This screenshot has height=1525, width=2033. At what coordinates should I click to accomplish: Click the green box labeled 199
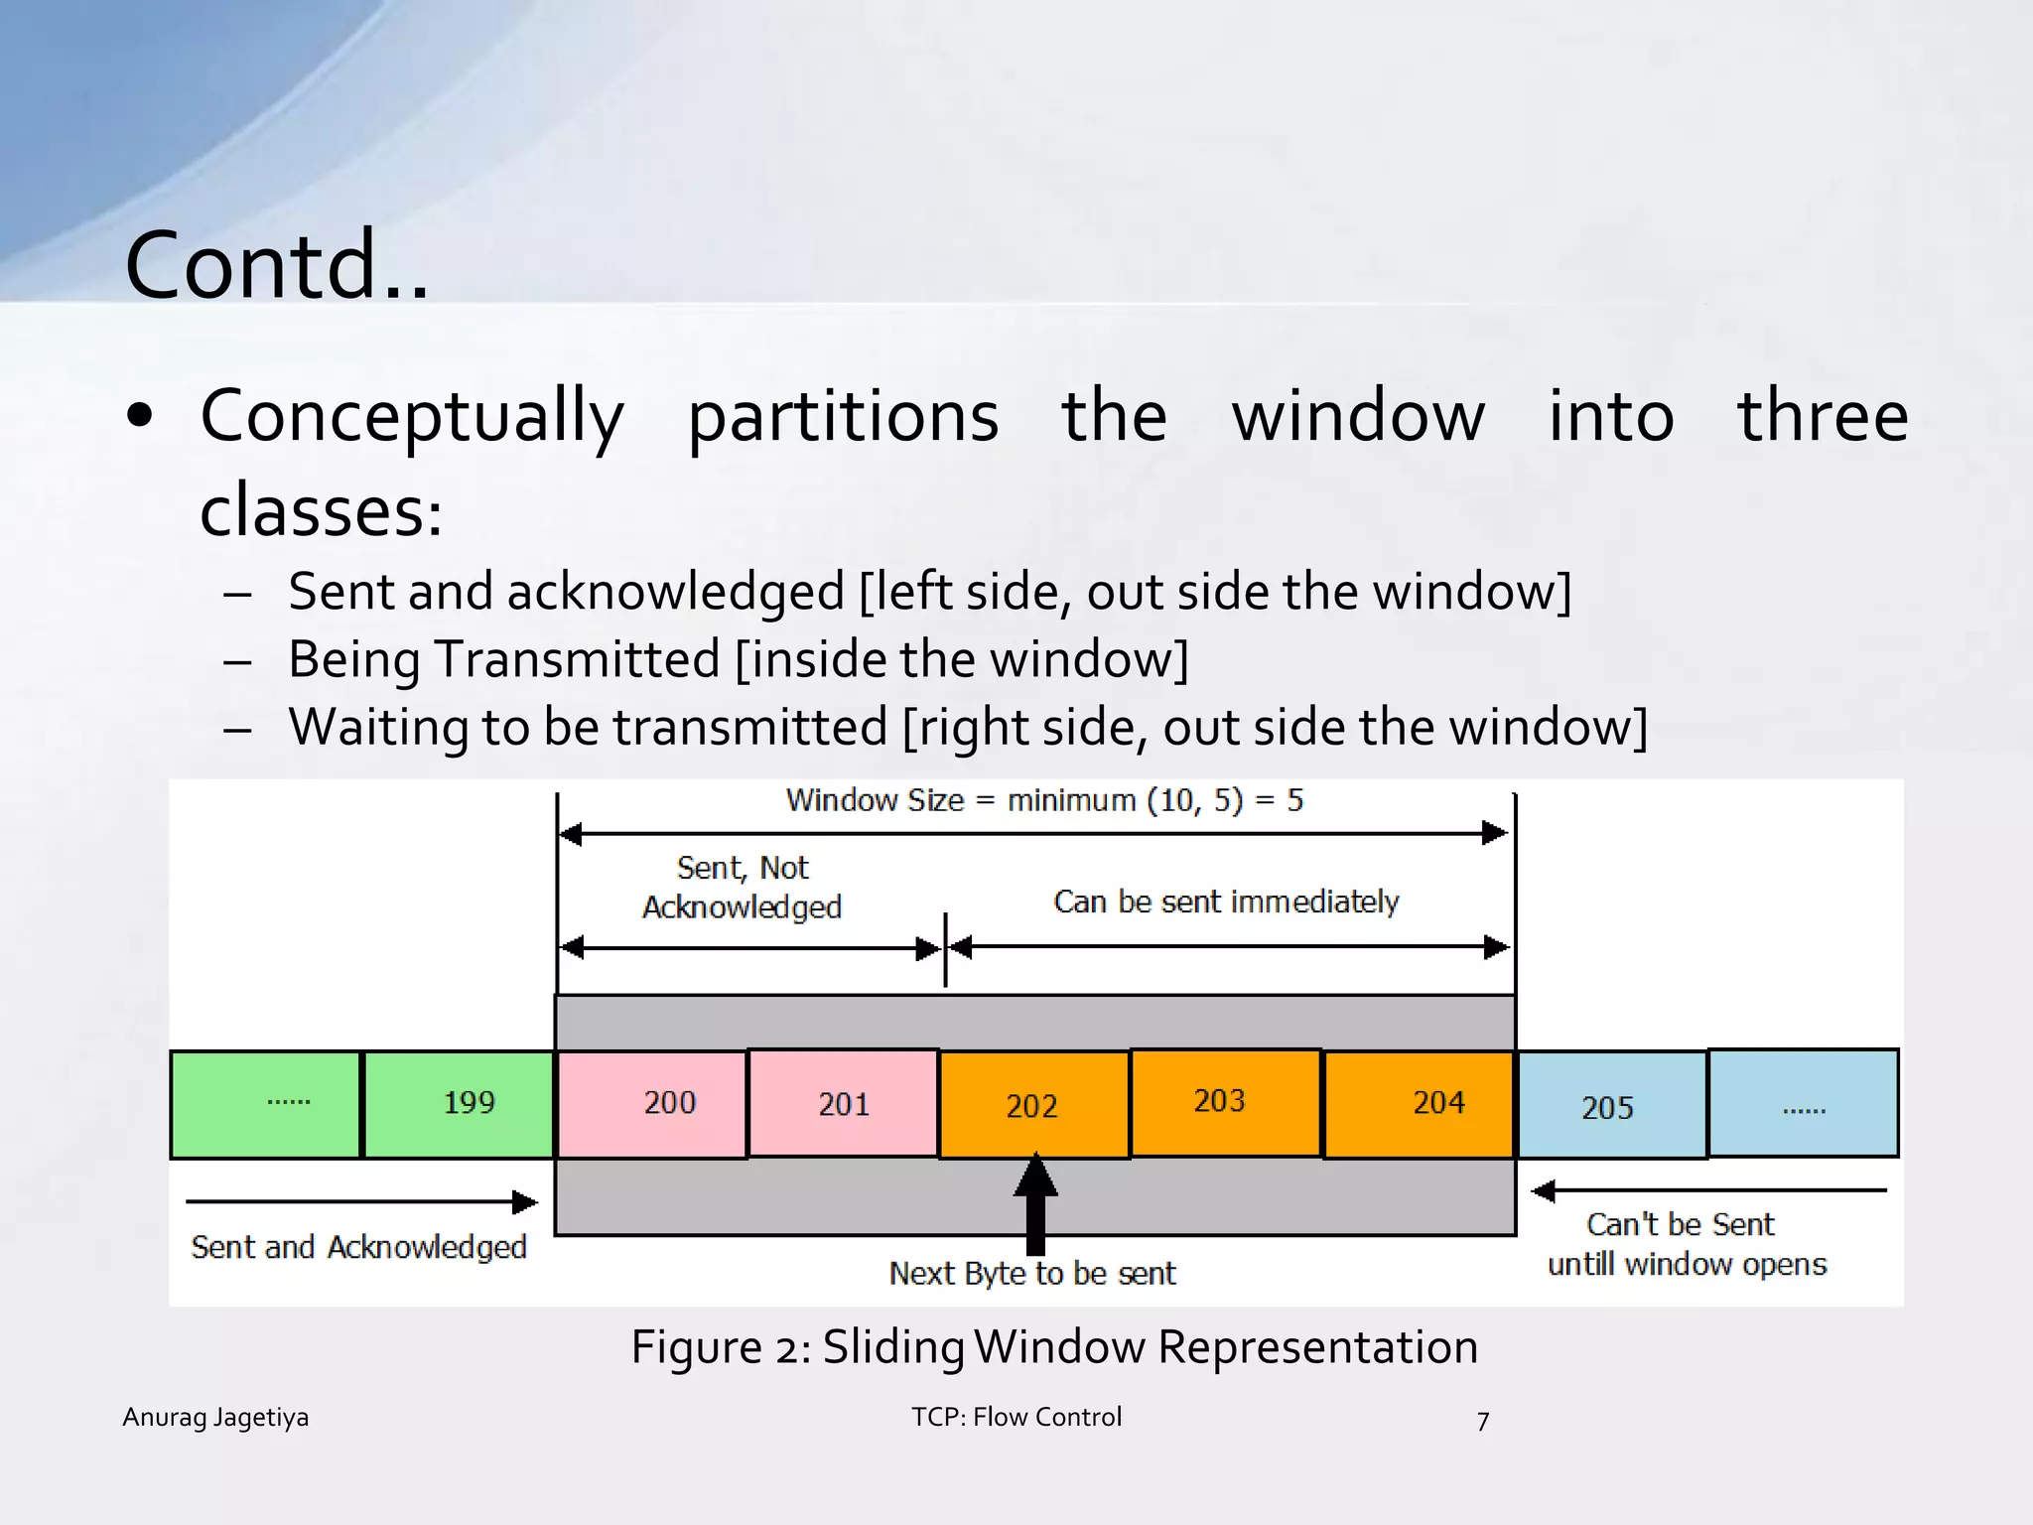pos(459,1104)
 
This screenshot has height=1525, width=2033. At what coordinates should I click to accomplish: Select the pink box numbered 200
pos(651,1104)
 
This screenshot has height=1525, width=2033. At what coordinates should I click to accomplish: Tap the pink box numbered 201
pos(843,1104)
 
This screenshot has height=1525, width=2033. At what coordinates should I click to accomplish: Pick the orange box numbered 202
pos(1033,1104)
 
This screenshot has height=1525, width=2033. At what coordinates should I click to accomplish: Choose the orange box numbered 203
pos(1225,1102)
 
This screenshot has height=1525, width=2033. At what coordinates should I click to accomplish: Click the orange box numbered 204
pos(1419,1104)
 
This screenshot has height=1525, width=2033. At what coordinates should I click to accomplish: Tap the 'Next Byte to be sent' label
pos(1032,1274)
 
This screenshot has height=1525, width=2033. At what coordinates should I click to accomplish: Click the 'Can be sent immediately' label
pos(1226,901)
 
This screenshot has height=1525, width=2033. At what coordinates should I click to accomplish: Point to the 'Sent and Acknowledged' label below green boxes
pos(358,1248)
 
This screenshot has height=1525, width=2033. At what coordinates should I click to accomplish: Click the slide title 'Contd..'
pos(277,265)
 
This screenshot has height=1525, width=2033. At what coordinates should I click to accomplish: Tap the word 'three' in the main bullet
pos(1822,416)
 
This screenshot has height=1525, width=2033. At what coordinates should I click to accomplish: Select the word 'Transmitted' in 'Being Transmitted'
pos(578,659)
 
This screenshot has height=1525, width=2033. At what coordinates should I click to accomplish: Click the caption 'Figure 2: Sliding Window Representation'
pos(1054,1347)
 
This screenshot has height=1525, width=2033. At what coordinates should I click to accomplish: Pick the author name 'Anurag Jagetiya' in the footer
pos(215,1418)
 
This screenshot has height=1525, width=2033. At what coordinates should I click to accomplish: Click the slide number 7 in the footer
pos(1482,1422)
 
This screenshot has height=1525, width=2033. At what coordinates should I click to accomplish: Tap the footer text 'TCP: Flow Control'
pos(1016,1418)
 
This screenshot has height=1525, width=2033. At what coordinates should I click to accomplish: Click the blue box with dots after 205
pos(1803,1104)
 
